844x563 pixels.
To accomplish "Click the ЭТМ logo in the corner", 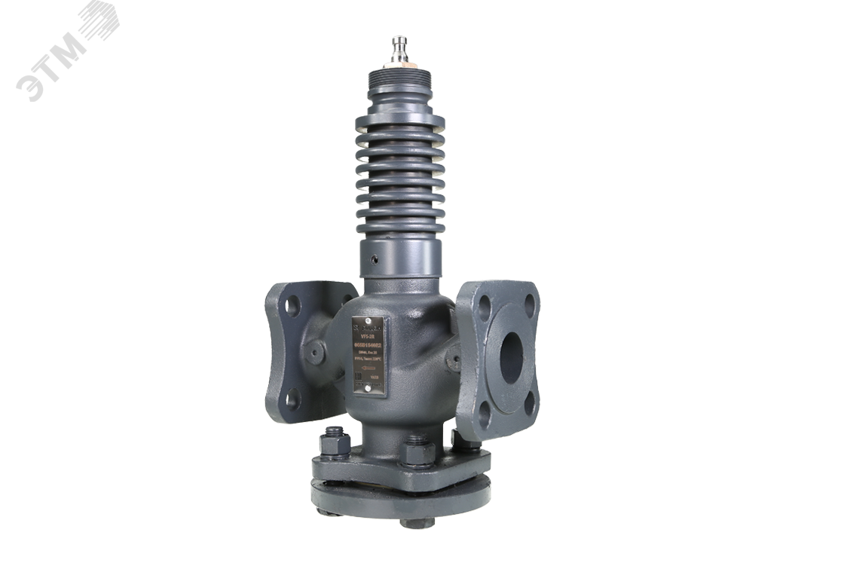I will click(66, 50).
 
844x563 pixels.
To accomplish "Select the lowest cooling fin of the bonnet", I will click(400, 227).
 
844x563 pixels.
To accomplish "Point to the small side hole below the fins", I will click(374, 259).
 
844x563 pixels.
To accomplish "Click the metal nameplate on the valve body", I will click(368, 356).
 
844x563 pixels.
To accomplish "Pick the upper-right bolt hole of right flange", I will click(530, 305).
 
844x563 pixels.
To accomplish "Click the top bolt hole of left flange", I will click(292, 305).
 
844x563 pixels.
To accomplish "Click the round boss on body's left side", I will click(315, 352).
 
